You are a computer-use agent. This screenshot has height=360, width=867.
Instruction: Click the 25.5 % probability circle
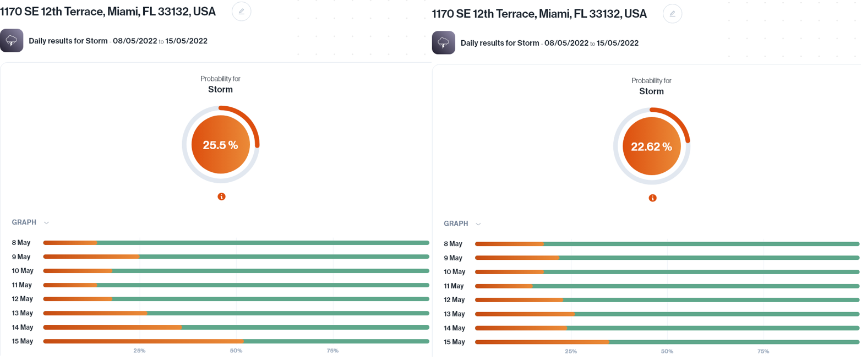pyautogui.click(x=220, y=145)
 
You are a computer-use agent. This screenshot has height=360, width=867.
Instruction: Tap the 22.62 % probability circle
pyautogui.click(x=651, y=146)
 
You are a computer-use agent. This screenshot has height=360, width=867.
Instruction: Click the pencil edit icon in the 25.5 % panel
pyautogui.click(x=241, y=12)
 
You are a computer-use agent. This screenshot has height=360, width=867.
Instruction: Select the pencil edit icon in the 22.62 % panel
pyautogui.click(x=672, y=14)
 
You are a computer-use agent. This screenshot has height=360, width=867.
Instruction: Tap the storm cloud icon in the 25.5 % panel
pyautogui.click(x=12, y=41)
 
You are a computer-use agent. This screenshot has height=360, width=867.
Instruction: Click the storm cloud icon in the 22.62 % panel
pyautogui.click(x=443, y=43)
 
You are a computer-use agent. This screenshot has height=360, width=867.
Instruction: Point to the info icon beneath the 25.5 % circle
pyautogui.click(x=221, y=197)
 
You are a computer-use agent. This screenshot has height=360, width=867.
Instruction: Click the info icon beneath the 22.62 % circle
pyautogui.click(x=652, y=198)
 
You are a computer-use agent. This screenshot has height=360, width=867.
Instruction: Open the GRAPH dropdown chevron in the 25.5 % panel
pyautogui.click(x=47, y=223)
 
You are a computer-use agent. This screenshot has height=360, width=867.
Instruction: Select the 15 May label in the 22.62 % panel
pyautogui.click(x=454, y=342)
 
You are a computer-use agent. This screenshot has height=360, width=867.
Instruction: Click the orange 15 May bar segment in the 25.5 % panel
pyautogui.click(x=143, y=341)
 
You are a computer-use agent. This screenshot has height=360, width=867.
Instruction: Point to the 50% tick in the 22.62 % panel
pyautogui.click(x=667, y=351)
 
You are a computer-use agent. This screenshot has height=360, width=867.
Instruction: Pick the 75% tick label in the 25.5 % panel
pyautogui.click(x=332, y=351)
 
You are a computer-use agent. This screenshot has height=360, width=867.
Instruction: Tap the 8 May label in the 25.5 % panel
pyautogui.click(x=21, y=243)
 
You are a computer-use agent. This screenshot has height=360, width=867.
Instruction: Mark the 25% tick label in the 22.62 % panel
pyautogui.click(x=571, y=351)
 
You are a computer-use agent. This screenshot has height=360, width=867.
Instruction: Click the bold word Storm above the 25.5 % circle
pyautogui.click(x=220, y=90)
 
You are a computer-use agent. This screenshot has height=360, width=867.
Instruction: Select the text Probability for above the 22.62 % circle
pyautogui.click(x=651, y=81)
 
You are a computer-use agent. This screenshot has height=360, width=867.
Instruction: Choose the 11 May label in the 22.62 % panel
pyautogui.click(x=454, y=286)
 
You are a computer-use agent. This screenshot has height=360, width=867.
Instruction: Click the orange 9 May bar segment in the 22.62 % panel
pyautogui.click(x=517, y=258)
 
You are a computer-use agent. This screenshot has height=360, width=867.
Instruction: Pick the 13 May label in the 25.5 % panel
pyautogui.click(x=22, y=313)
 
